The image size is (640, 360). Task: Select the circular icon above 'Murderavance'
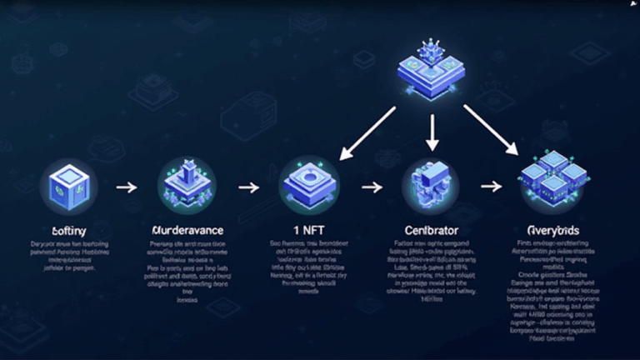pos(186,185)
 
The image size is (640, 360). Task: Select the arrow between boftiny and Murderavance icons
pos(126,187)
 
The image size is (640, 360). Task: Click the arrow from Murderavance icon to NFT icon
pos(249,187)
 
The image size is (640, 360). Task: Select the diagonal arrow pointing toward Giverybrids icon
pos(491,131)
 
